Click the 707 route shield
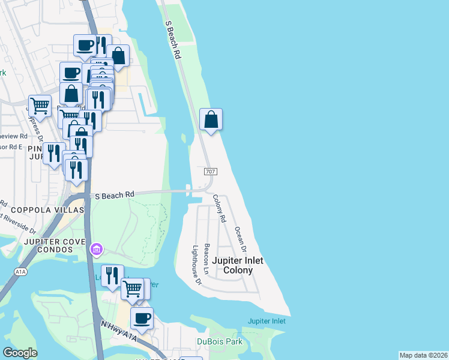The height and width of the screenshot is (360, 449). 210,172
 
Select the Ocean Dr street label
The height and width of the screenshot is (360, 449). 241,239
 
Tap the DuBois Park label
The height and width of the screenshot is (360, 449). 219,341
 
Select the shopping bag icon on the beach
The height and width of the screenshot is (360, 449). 211,119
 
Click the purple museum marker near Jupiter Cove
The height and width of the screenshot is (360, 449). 96,248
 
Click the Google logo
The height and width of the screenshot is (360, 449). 20,353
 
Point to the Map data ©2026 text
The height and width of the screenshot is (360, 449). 423,355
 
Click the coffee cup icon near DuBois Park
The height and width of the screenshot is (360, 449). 142,319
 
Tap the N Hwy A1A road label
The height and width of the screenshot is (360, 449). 118,333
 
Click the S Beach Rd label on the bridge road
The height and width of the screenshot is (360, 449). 113,194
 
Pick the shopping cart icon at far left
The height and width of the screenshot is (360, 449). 40,106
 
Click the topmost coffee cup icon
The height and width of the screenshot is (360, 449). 85,45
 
